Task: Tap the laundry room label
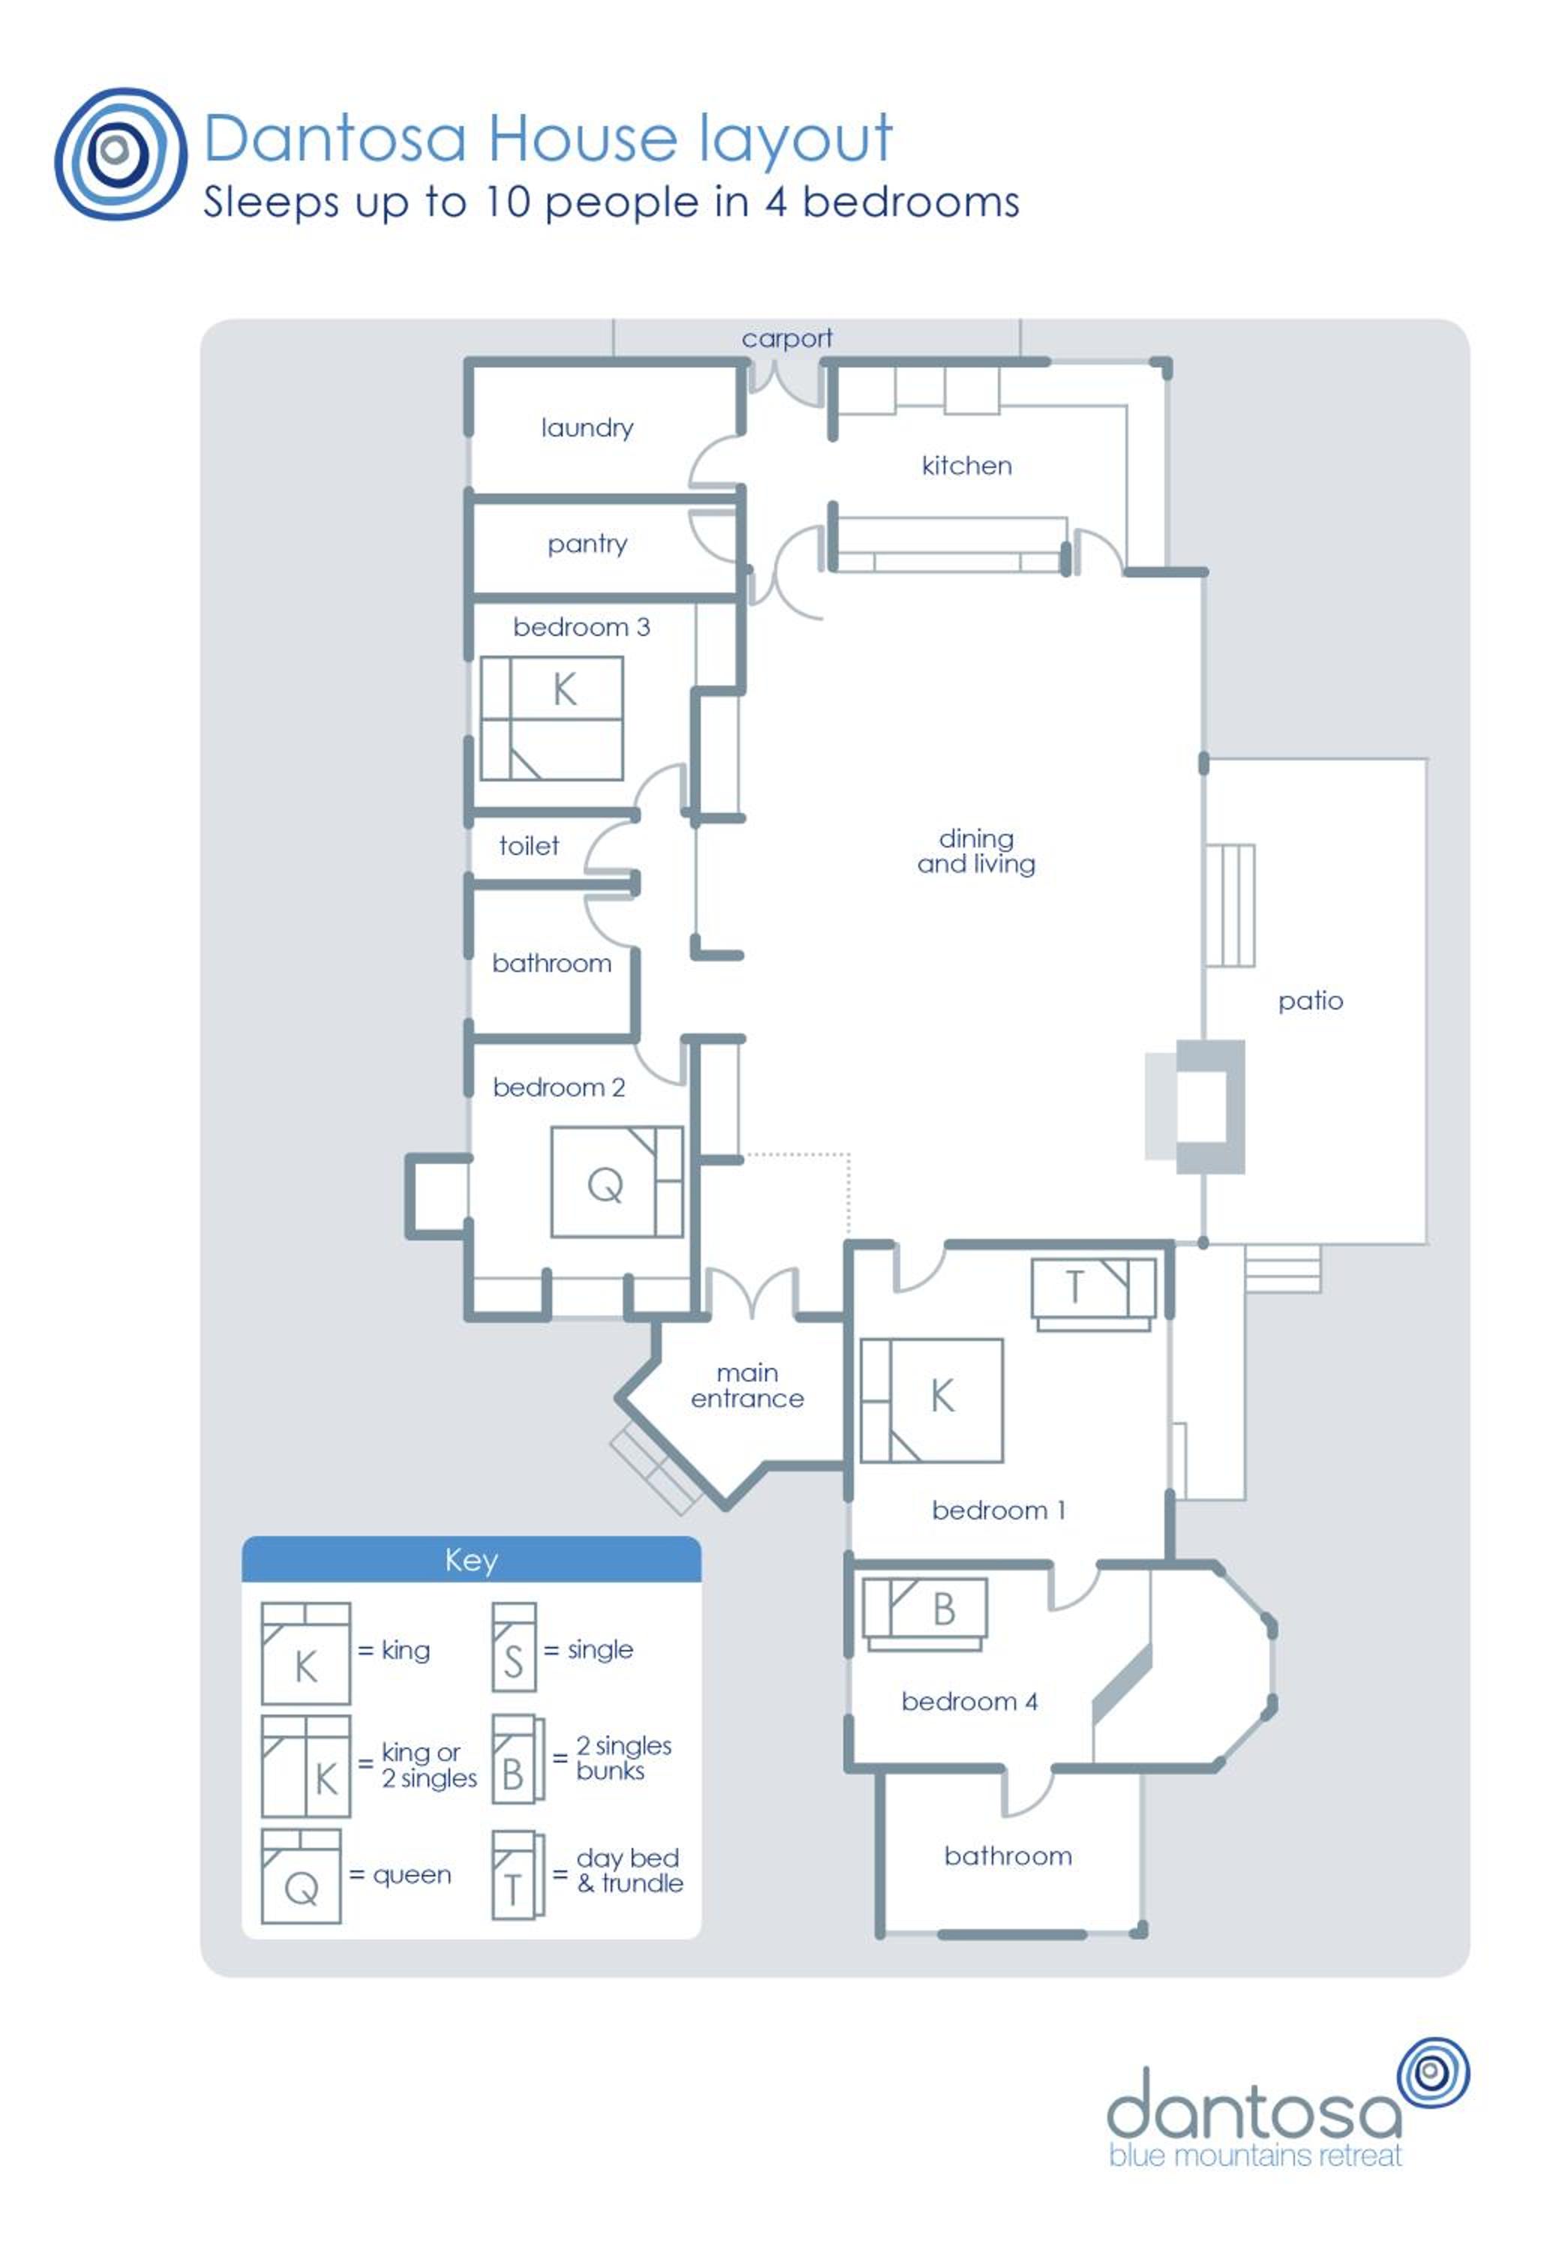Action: click(x=587, y=428)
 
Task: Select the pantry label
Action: click(x=587, y=544)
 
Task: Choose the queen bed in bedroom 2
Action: click(x=617, y=1182)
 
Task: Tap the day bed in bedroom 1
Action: click(x=1094, y=1294)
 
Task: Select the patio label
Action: click(x=1310, y=1001)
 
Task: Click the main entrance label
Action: click(x=747, y=1385)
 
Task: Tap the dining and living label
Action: click(x=976, y=851)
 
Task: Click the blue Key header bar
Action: click(x=471, y=1559)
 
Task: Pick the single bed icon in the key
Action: click(x=514, y=1648)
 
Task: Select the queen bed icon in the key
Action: click(x=301, y=1876)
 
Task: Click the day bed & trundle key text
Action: click(x=629, y=1870)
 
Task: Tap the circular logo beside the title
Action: click(x=121, y=154)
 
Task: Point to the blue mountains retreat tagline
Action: click(x=1255, y=2155)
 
